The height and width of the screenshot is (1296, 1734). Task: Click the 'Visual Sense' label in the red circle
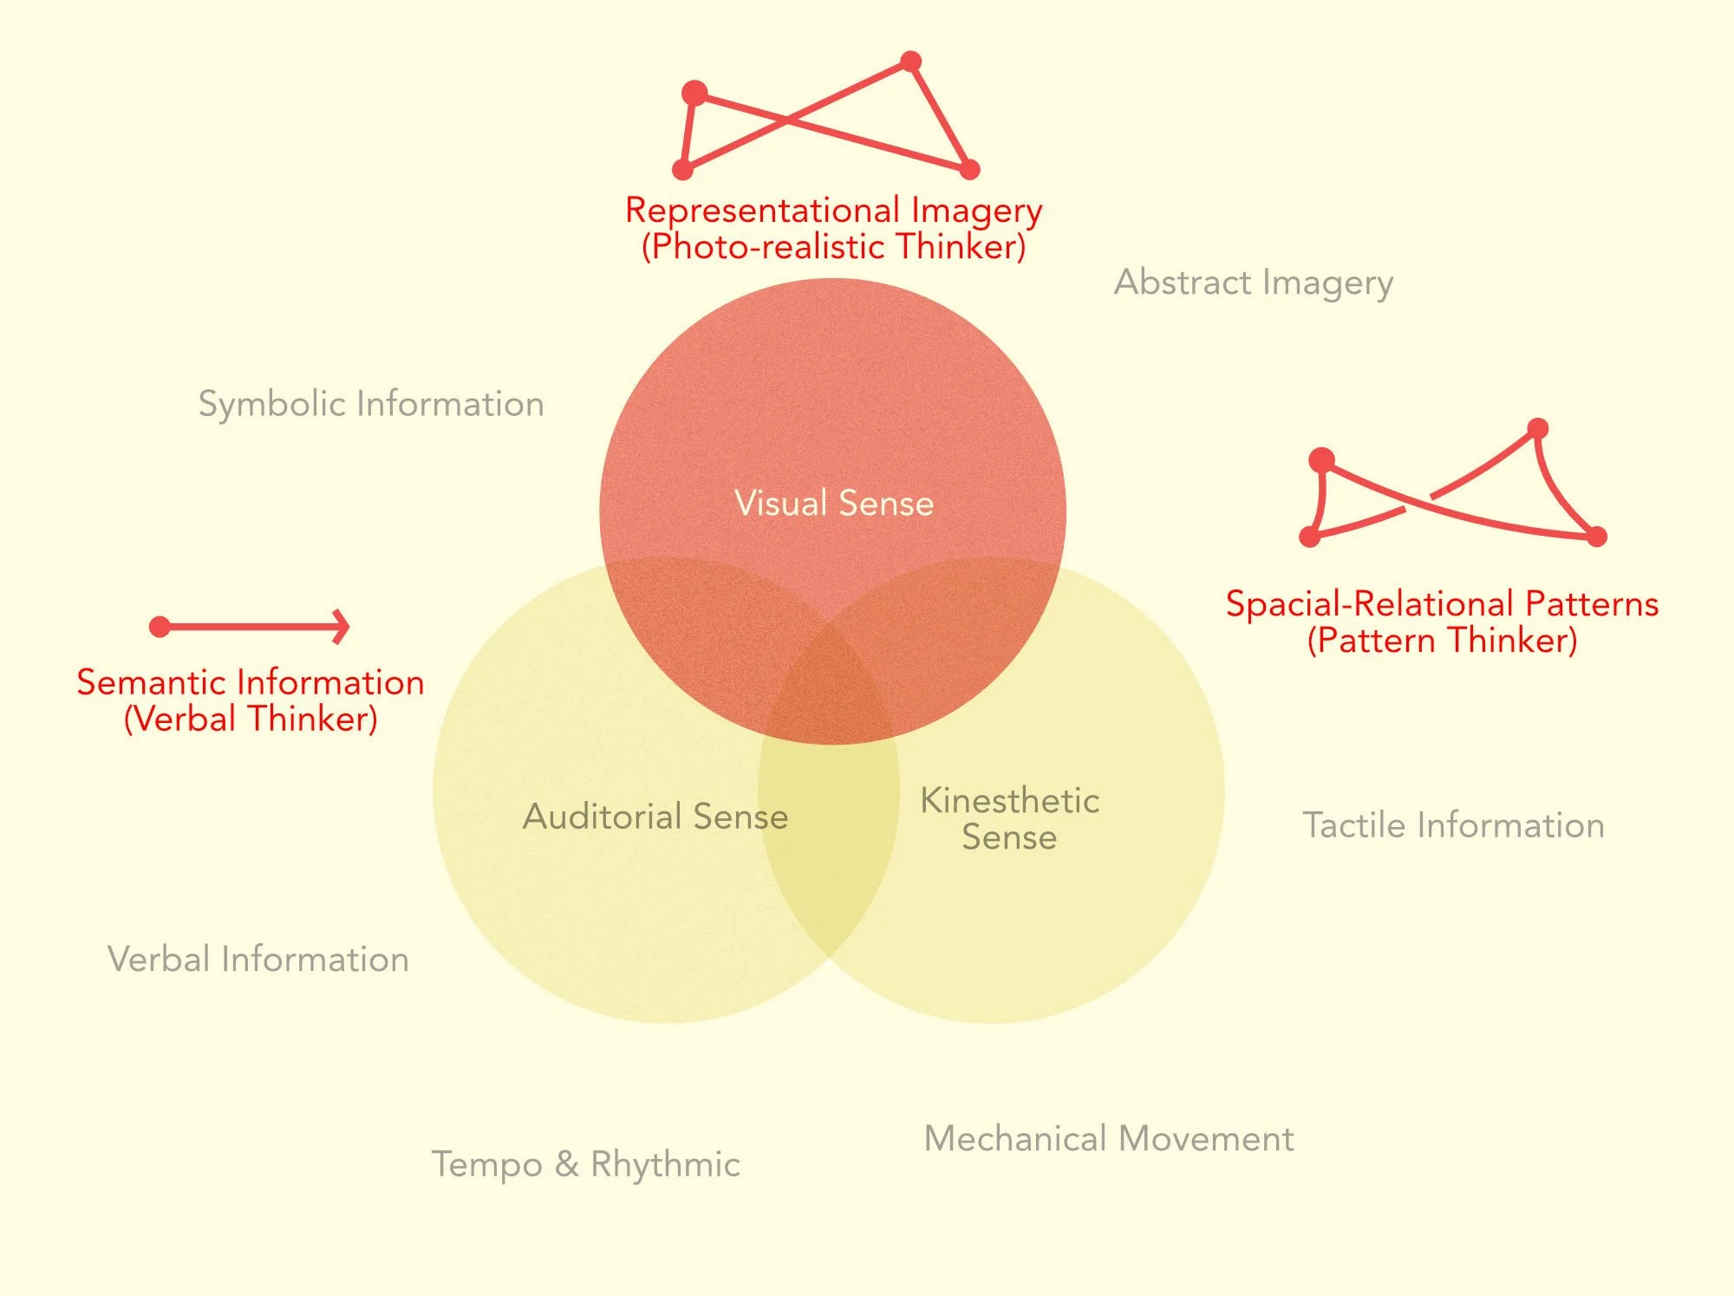(x=834, y=504)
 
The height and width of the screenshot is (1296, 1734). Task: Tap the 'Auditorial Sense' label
(x=655, y=817)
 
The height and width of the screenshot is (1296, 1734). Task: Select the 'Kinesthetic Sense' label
(x=1009, y=818)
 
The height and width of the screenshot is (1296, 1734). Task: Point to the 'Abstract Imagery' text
(x=1254, y=283)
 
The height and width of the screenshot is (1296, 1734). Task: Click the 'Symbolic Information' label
(x=371, y=404)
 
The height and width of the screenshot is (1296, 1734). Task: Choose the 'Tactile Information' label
(x=1453, y=825)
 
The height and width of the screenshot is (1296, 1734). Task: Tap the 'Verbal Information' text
(x=258, y=960)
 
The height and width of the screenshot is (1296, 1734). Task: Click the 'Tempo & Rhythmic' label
(x=586, y=1164)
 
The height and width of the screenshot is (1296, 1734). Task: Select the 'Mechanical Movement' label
(x=1109, y=1138)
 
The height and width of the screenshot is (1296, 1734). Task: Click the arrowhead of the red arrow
(x=343, y=626)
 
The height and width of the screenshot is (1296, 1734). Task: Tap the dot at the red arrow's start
(x=160, y=626)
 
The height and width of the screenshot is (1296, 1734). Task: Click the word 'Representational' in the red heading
(x=763, y=211)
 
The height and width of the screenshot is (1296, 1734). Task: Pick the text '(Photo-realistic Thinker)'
(x=833, y=247)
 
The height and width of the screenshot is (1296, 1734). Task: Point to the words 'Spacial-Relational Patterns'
(x=1442, y=603)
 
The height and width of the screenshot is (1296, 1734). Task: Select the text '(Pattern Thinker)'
(x=1442, y=641)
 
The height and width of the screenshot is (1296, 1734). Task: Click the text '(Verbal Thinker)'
(x=251, y=719)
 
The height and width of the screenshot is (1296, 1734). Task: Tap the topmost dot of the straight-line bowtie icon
(x=910, y=61)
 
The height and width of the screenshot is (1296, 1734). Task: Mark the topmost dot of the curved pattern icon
(x=1537, y=428)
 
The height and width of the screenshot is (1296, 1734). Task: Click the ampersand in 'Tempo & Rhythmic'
(x=566, y=1164)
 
